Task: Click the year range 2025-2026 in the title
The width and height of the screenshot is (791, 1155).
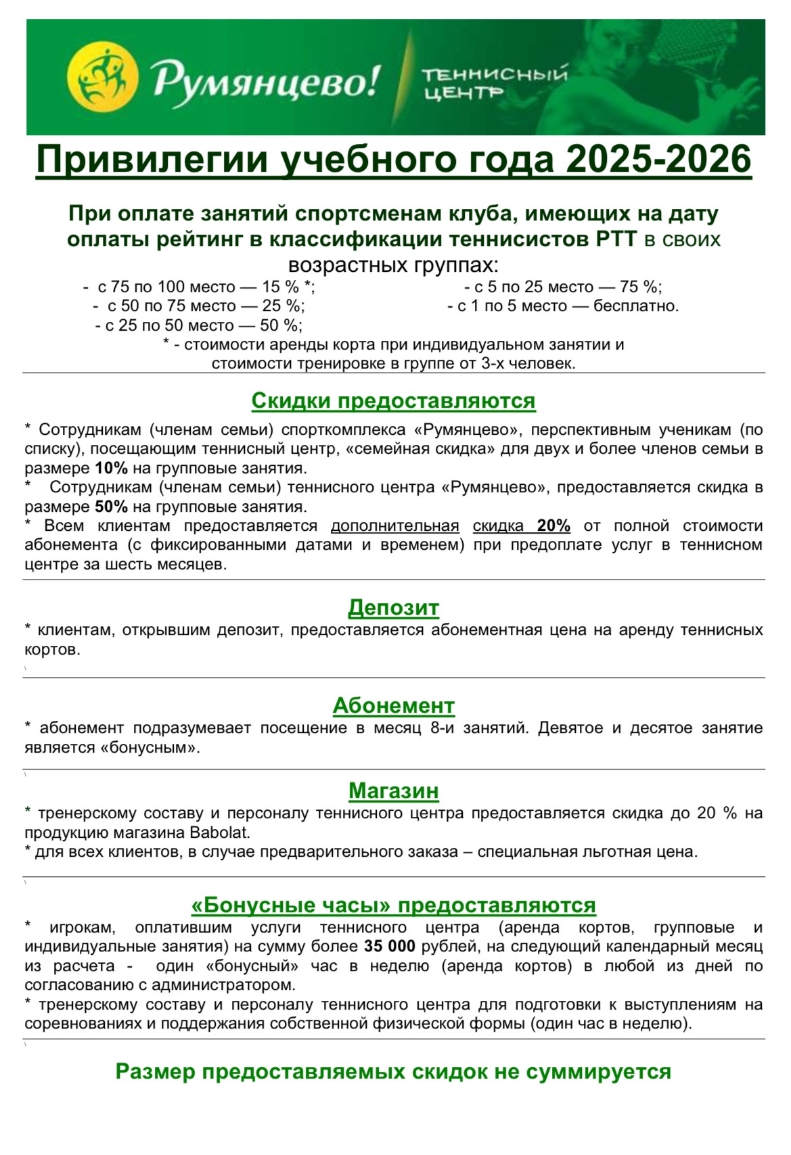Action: pyautogui.click(x=659, y=161)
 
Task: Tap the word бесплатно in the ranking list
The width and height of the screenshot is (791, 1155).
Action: pyautogui.click(x=635, y=306)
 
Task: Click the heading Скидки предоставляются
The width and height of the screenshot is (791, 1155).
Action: pyautogui.click(x=393, y=401)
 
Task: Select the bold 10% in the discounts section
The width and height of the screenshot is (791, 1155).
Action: pyautogui.click(x=111, y=468)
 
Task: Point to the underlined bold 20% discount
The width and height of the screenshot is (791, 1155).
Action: pyautogui.click(x=553, y=525)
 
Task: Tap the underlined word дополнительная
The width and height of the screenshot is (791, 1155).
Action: pyautogui.click(x=394, y=525)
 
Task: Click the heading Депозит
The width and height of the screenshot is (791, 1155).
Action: pyautogui.click(x=393, y=607)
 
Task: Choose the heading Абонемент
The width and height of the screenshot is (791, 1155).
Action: pyautogui.click(x=393, y=705)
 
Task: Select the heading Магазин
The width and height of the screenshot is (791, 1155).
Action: pyautogui.click(x=393, y=791)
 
